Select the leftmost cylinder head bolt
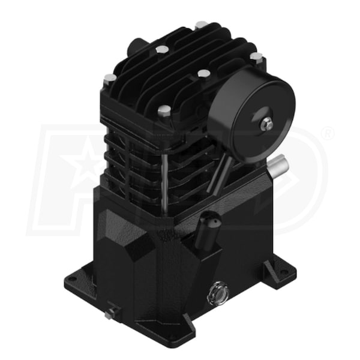pyautogui.click(x=109, y=79)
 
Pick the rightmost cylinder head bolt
pyautogui.click(x=256, y=58)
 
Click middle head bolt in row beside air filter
pyautogui.click(x=203, y=74)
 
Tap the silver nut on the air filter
pyautogui.click(x=266, y=125)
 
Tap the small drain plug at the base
pyautogui.click(x=111, y=314)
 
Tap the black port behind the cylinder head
pyautogui.click(x=139, y=45)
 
